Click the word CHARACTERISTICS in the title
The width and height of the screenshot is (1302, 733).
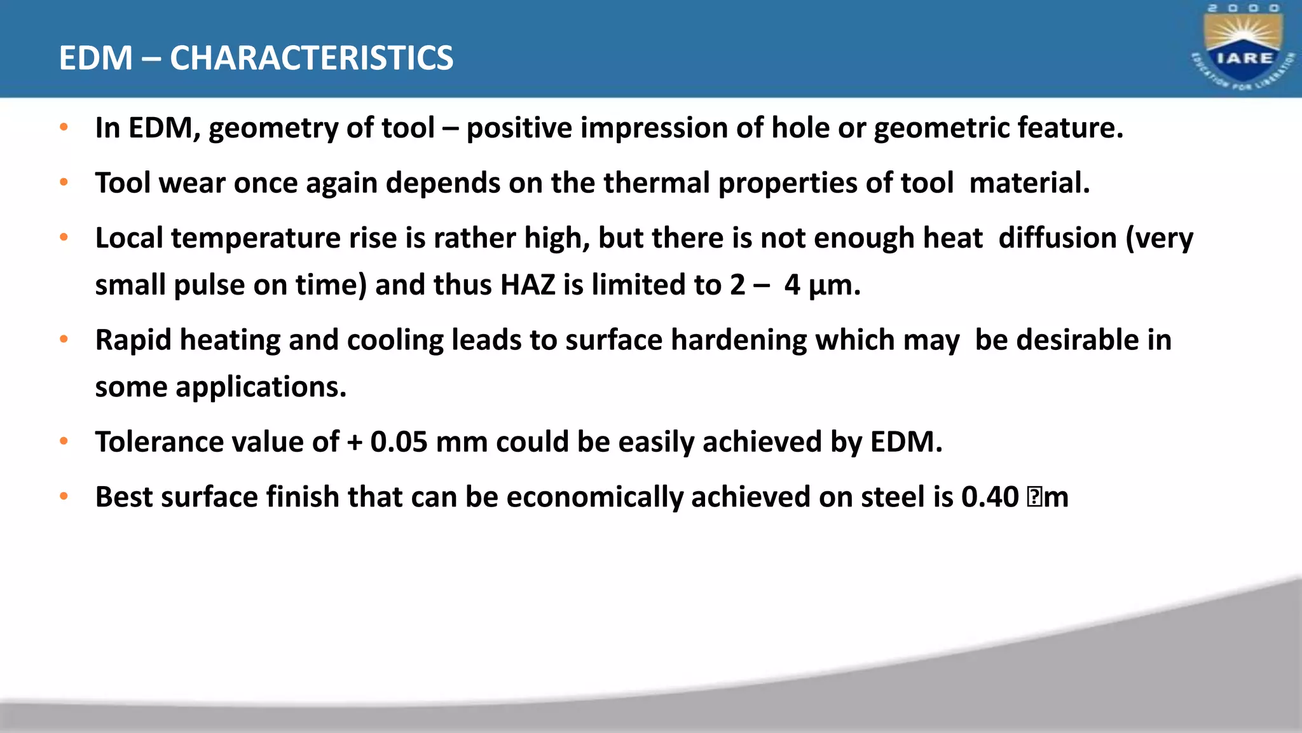[x=312, y=58]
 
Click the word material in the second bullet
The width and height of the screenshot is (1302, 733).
[x=1029, y=183]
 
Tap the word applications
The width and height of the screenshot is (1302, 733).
[x=261, y=387]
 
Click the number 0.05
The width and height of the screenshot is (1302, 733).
[x=399, y=442]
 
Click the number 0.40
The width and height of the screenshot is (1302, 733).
[x=990, y=497]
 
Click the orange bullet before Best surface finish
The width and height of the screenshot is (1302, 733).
[x=64, y=496]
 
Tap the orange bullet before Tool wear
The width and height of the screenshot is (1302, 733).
[x=64, y=183]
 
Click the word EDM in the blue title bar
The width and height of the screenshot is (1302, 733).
[x=95, y=58]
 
